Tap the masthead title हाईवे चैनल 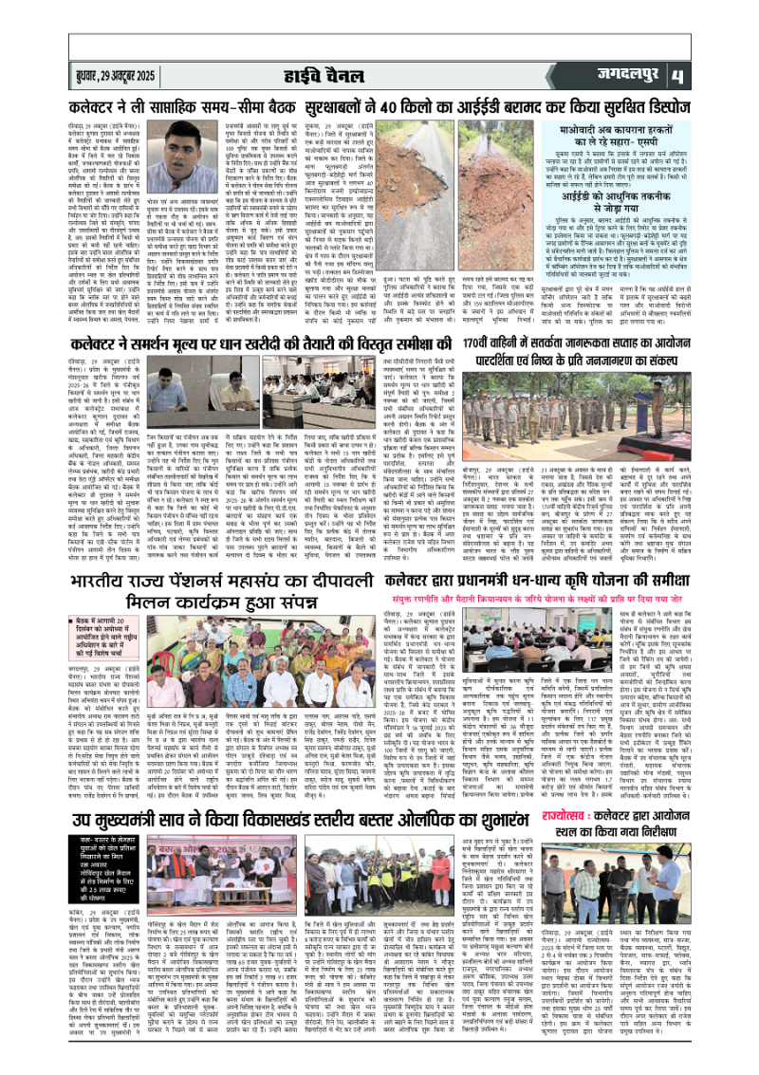[379, 73]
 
